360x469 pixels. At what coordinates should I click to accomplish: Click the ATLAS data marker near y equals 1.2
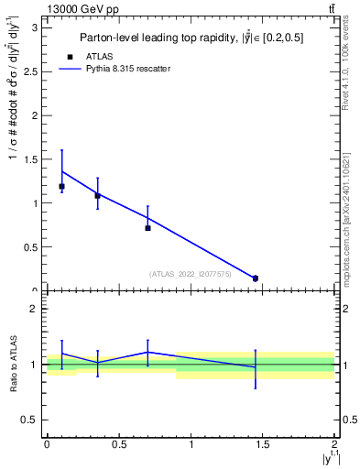pyautogui.click(x=61, y=186)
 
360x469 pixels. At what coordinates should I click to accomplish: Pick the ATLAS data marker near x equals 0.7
pyautogui.click(x=147, y=227)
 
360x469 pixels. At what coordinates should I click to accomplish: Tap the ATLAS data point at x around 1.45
pyautogui.click(x=256, y=278)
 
